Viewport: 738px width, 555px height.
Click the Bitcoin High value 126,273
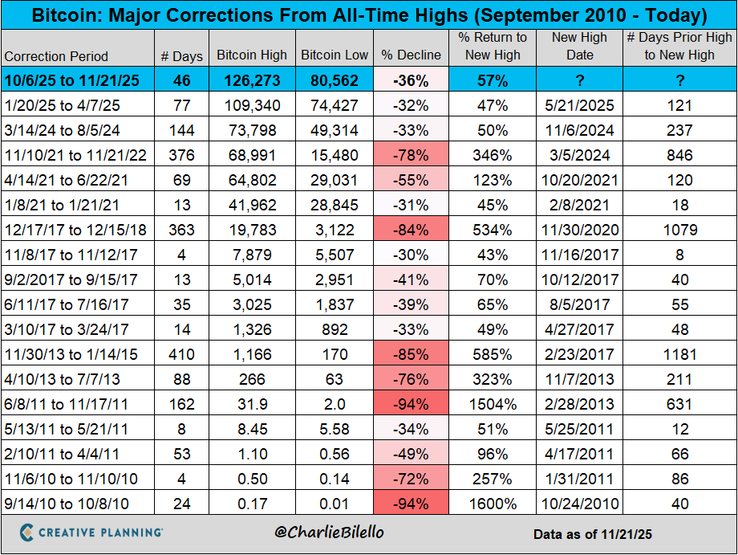252,81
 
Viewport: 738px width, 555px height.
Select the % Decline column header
412,55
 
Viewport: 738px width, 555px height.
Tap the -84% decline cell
412,231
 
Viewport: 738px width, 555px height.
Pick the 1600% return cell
492,504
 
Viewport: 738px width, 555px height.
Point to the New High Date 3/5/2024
580,156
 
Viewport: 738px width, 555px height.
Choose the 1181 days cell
679,354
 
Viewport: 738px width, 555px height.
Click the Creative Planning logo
91,533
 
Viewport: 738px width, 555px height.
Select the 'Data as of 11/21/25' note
592,533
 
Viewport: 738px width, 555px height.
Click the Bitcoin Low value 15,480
335,156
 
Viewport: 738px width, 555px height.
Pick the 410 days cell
182,354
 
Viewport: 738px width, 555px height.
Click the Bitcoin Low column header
335,55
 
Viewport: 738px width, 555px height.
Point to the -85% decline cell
412,354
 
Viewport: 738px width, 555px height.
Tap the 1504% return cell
492,404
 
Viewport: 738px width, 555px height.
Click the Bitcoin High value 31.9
252,404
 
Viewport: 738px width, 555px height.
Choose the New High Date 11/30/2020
580,231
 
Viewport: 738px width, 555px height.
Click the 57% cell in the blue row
492,81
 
